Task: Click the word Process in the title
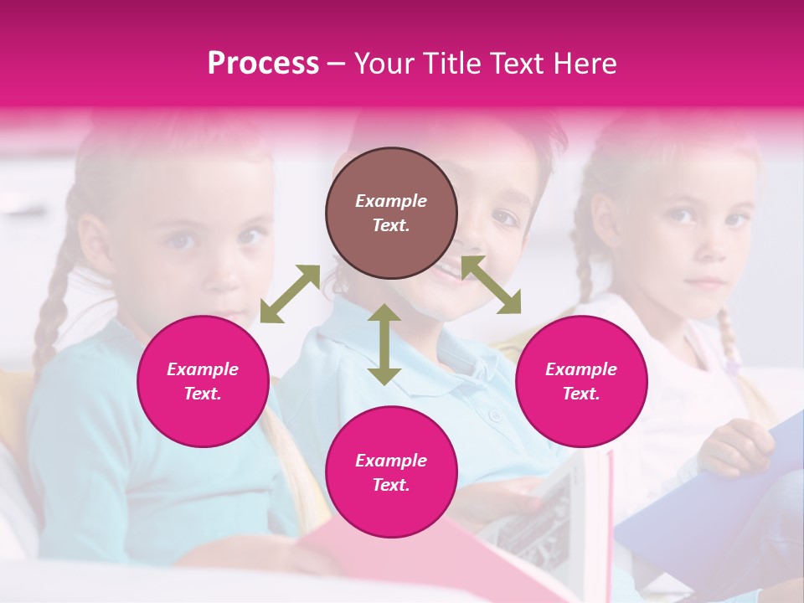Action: [263, 64]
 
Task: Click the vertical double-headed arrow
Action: [384, 344]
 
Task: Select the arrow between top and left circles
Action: [290, 294]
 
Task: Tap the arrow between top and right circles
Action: [492, 285]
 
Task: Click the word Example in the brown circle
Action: [391, 201]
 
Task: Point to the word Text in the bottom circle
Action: [390, 485]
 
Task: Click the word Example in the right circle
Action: [581, 369]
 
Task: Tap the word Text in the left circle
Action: [203, 394]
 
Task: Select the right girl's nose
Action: [708, 247]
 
